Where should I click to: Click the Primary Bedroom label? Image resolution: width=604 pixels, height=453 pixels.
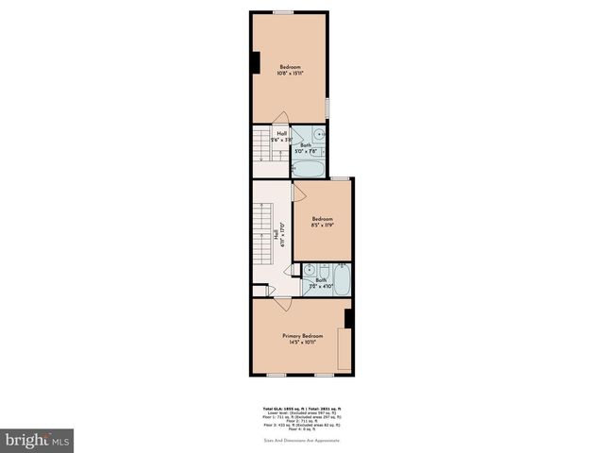click(x=302, y=336)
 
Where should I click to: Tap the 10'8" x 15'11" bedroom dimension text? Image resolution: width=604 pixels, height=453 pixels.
click(x=291, y=73)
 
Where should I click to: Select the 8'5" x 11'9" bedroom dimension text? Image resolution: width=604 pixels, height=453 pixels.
click(x=323, y=226)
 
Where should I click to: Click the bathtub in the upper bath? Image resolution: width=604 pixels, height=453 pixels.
click(x=309, y=169)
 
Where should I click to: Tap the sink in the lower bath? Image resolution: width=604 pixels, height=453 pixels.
click(x=310, y=270)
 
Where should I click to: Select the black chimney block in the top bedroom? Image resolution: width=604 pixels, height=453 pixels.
click(x=255, y=60)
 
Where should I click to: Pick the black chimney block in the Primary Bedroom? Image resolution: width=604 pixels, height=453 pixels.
click(x=348, y=318)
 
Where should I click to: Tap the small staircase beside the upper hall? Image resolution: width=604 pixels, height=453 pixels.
click(x=260, y=147)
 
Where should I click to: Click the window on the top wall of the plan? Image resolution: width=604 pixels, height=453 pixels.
click(x=282, y=11)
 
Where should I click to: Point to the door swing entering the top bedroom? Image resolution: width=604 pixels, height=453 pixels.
click(x=280, y=119)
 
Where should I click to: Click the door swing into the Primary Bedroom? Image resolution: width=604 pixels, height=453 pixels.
click(x=282, y=304)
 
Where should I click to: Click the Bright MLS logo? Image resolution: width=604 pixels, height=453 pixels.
click(x=38, y=440)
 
